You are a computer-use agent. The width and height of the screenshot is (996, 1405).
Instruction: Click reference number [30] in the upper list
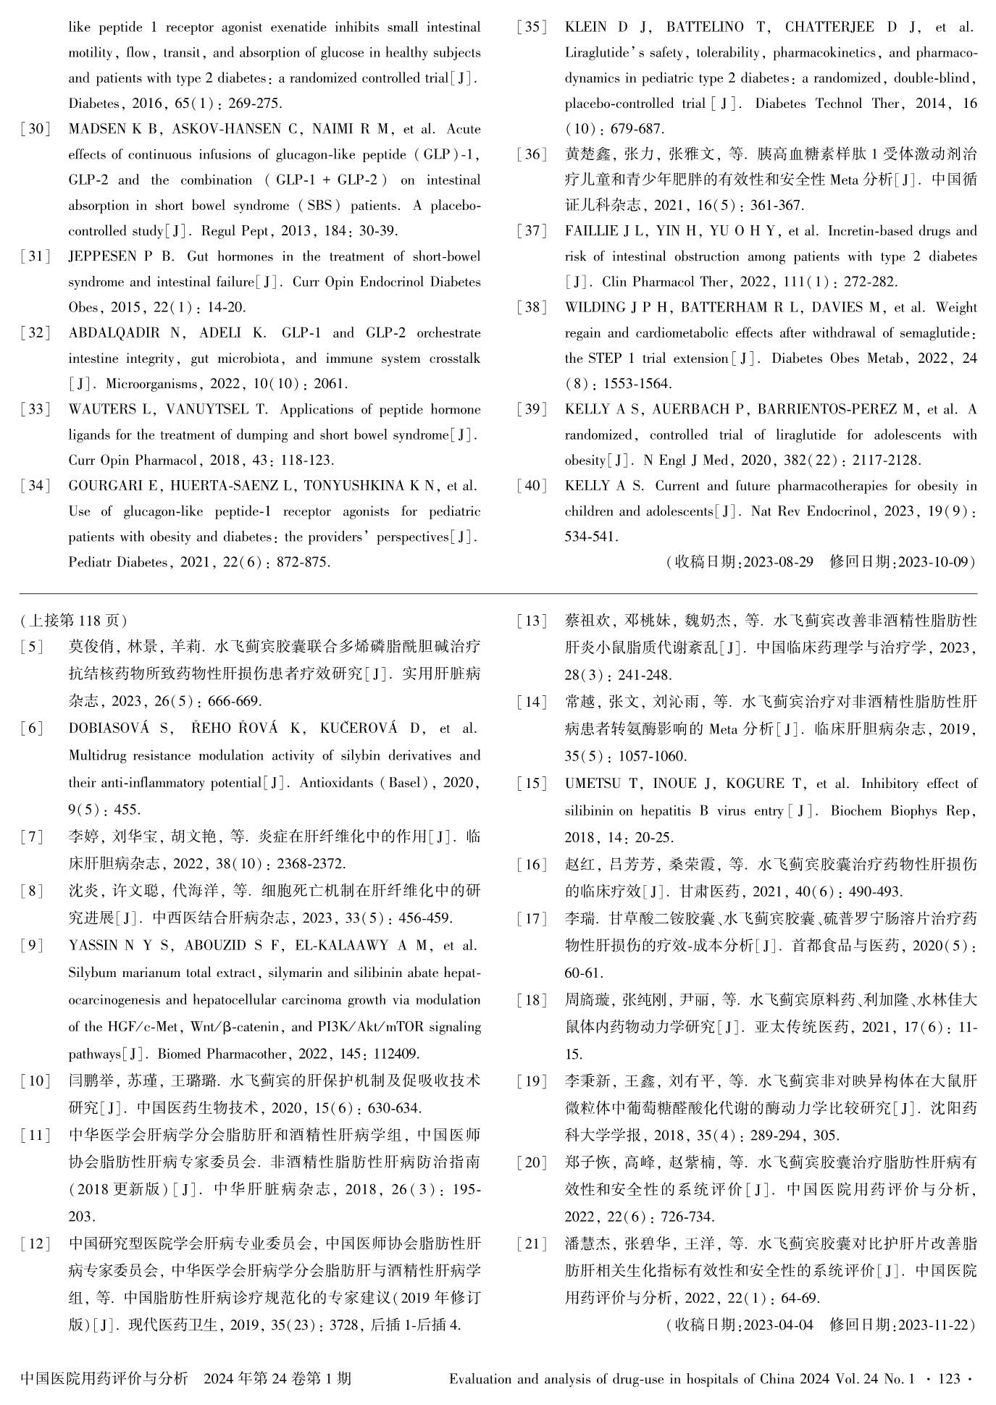coord(35,129)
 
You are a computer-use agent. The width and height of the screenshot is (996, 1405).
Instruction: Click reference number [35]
coord(532,28)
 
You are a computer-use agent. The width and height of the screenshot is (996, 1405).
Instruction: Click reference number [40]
coord(532,486)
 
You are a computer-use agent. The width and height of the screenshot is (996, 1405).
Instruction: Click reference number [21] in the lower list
coord(532,1244)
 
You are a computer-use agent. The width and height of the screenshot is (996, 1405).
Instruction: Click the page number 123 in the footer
coord(948,1378)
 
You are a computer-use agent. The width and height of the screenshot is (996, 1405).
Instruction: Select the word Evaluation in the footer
coord(480,1378)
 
